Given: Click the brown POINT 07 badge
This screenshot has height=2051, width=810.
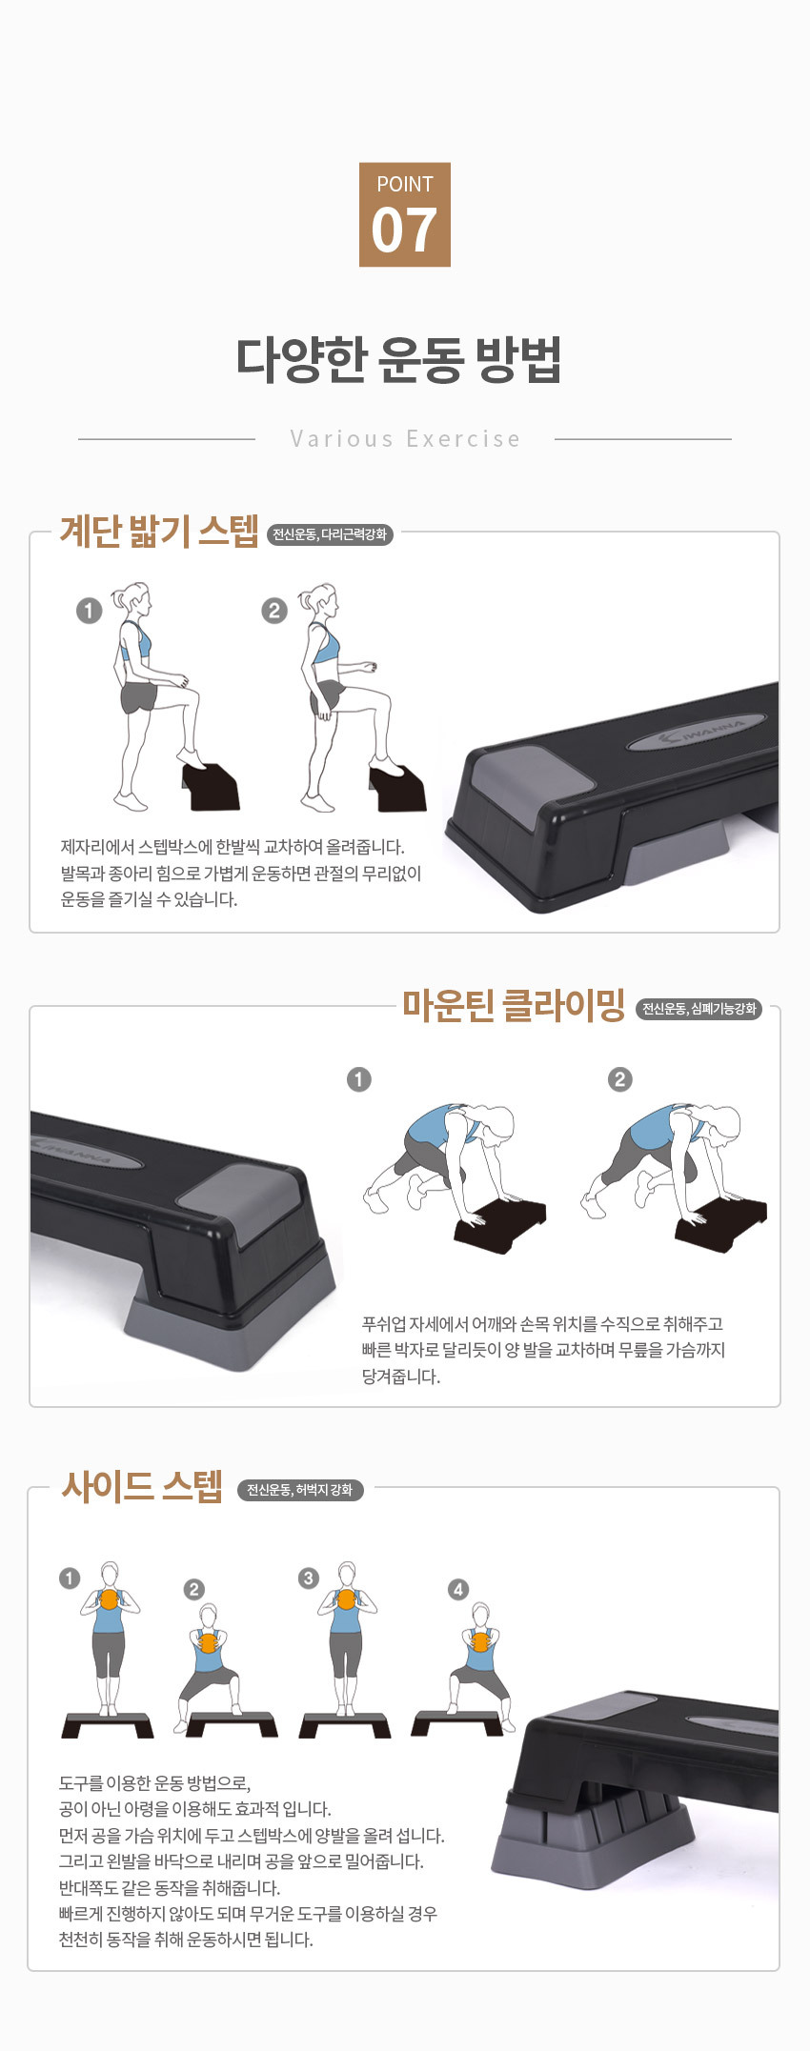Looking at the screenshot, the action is pyautogui.click(x=404, y=214).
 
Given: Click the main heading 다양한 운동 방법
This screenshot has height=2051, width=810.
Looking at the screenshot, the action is pyautogui.click(x=399, y=359).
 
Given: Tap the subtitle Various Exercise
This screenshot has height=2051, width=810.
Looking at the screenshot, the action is pyautogui.click(x=405, y=439).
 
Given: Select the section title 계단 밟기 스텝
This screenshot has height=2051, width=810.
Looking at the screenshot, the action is pyautogui.click(x=159, y=532).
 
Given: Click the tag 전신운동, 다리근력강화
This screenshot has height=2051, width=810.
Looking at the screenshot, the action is pyautogui.click(x=330, y=534).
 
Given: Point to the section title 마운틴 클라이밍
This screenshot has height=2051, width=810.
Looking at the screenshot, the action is pyautogui.click(x=513, y=1006).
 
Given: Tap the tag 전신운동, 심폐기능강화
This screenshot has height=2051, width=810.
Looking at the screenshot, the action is pyautogui.click(x=699, y=1009).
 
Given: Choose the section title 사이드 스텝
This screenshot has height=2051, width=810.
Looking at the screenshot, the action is pyautogui.click(x=142, y=1486).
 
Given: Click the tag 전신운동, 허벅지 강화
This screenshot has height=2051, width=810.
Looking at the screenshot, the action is pyautogui.click(x=300, y=1489).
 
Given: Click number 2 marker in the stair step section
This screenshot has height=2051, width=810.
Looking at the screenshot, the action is pyautogui.click(x=274, y=610).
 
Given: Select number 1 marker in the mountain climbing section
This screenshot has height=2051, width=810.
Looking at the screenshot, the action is pyautogui.click(x=359, y=1079).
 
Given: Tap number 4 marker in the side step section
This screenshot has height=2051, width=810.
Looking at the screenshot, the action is pyautogui.click(x=458, y=1589).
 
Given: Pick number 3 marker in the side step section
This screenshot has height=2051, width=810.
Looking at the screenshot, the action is pyautogui.click(x=308, y=1578).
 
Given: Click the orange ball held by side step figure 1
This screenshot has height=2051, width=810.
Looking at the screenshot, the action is pyautogui.click(x=110, y=1599).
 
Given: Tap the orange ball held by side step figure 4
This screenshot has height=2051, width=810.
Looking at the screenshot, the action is pyautogui.click(x=481, y=1641).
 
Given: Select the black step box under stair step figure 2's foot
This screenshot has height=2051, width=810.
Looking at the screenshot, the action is pyautogui.click(x=397, y=786).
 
